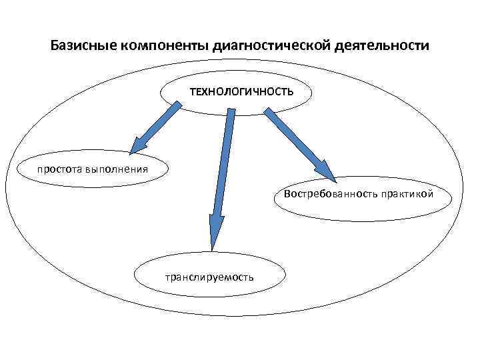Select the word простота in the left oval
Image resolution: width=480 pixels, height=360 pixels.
click(59, 168)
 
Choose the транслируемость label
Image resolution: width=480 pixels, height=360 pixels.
click(209, 277)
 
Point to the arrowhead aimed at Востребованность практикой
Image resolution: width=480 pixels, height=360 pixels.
click(326, 169)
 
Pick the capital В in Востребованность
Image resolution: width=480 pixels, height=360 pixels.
click(287, 195)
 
